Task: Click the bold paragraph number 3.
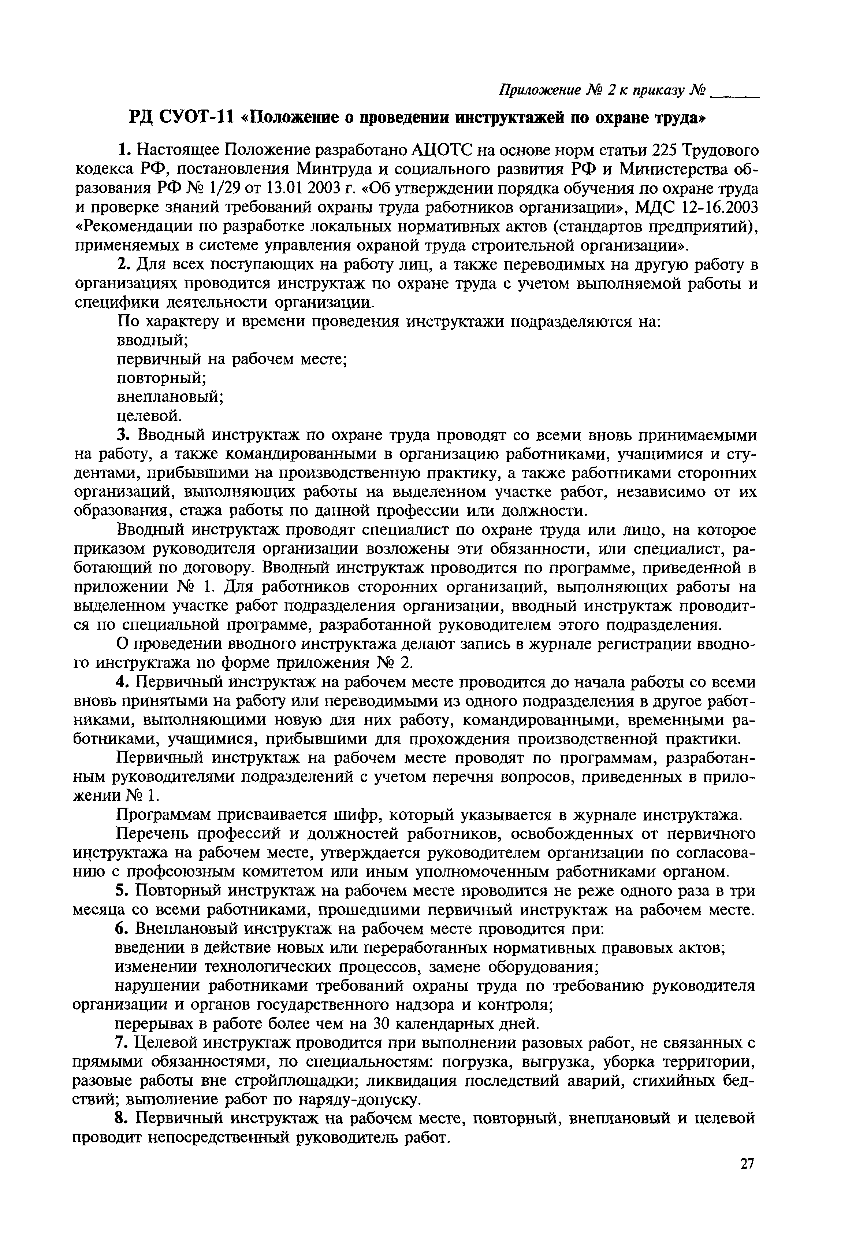click(x=122, y=435)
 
